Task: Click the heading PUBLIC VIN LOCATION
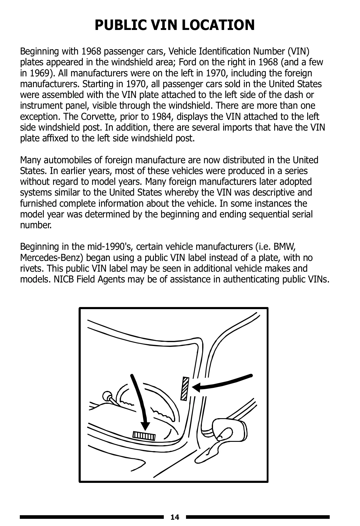pos(175,25)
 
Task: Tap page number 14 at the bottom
pos(175,517)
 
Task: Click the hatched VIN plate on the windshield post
pos(185,388)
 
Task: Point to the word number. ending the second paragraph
pos(36,225)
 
